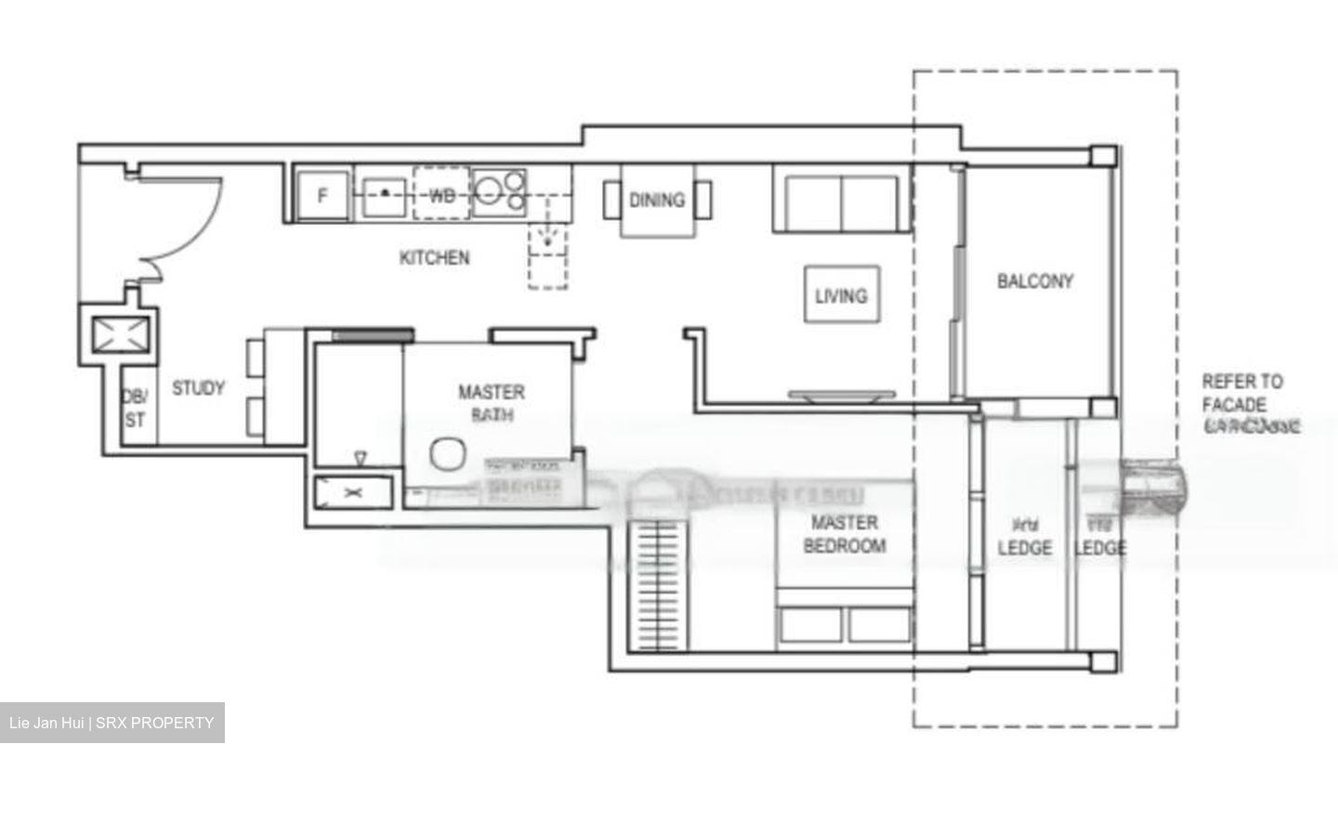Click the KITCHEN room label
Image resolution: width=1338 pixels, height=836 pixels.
[434, 257]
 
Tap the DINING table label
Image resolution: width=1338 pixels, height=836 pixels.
[657, 200]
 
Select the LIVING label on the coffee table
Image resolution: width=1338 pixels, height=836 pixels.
[841, 296]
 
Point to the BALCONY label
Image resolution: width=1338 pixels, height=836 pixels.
[1035, 281]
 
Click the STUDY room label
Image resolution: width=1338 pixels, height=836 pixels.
[198, 388]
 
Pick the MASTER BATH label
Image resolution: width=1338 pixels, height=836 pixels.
[491, 403]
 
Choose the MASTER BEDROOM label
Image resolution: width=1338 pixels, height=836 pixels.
[844, 535]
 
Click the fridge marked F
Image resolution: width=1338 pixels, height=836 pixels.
[322, 196]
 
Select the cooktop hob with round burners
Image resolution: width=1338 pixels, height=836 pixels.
[499, 191]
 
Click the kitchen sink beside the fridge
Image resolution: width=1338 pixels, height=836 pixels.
[384, 195]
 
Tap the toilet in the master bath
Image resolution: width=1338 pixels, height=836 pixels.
[449, 455]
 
